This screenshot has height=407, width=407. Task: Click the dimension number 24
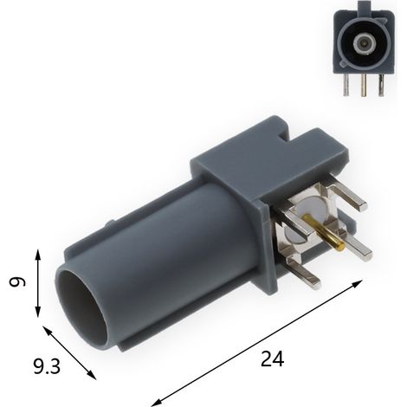click(272, 359)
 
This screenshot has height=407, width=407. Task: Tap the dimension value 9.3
click(47, 366)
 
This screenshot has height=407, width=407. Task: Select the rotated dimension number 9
click(17, 281)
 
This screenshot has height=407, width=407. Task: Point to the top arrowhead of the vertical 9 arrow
click(38, 255)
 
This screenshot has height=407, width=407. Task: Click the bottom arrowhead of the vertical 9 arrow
click(38, 312)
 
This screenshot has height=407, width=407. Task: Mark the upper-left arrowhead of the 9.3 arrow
click(47, 331)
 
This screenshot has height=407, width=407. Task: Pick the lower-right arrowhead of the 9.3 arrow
click(92, 375)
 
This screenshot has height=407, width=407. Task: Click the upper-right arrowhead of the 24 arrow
click(358, 283)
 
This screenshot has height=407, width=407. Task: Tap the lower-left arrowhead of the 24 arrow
click(157, 403)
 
